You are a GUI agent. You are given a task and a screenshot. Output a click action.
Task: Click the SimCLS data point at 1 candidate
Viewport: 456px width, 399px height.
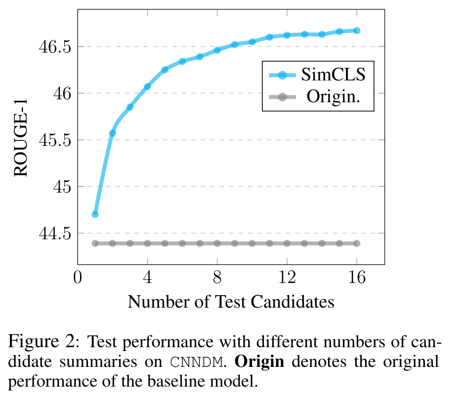click(x=95, y=214)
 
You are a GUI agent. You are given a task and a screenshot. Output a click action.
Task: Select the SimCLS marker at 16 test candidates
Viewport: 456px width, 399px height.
click(x=357, y=31)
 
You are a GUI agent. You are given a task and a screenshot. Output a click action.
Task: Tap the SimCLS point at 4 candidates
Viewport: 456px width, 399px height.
click(x=147, y=87)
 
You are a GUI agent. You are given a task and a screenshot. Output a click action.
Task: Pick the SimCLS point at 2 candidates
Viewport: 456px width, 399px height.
click(x=112, y=133)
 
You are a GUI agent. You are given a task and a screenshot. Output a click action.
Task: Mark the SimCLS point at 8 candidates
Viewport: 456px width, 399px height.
click(x=217, y=50)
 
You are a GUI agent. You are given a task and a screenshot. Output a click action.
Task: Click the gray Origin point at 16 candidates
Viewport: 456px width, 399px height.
click(x=357, y=243)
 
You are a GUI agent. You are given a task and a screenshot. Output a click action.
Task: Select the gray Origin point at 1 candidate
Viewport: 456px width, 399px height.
click(x=95, y=243)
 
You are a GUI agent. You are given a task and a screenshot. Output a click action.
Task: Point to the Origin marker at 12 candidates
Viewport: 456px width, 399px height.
click(x=287, y=243)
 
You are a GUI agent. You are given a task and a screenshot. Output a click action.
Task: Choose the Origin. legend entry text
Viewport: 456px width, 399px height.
click(x=333, y=96)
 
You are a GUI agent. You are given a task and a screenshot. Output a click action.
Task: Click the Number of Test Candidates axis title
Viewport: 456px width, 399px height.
click(x=231, y=301)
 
